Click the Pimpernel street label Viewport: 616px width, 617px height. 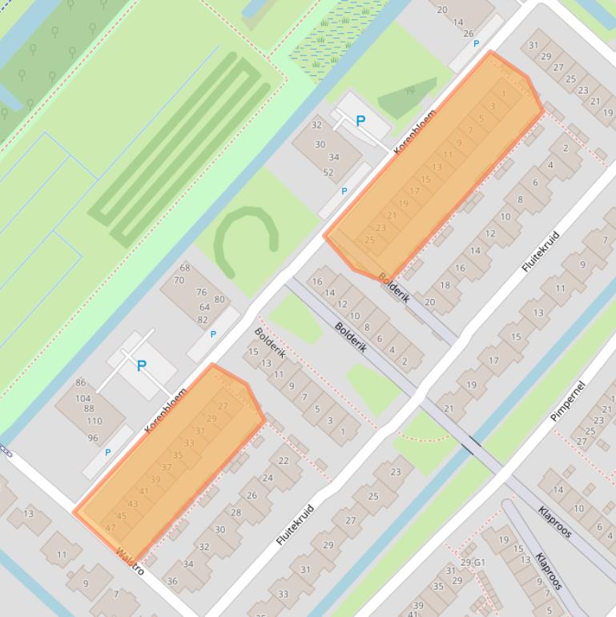point(568,401)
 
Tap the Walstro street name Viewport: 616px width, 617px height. point(130,561)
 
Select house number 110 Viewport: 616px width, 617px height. point(95,421)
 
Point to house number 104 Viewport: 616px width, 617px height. point(83,398)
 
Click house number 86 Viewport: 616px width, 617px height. point(80,383)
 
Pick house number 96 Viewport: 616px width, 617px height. point(93,438)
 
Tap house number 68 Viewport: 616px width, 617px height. point(185,268)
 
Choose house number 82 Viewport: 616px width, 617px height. point(203,320)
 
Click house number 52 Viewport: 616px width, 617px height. point(328,172)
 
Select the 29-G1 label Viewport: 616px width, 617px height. point(473,563)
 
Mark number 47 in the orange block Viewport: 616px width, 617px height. point(111,528)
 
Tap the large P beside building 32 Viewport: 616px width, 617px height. point(360,121)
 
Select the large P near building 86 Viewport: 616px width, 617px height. point(142,366)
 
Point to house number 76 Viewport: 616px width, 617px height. point(201,293)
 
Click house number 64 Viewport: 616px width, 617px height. point(204,307)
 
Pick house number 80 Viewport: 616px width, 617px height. point(219,300)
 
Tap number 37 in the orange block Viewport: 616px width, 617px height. point(167,467)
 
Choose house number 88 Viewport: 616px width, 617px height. point(88,409)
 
